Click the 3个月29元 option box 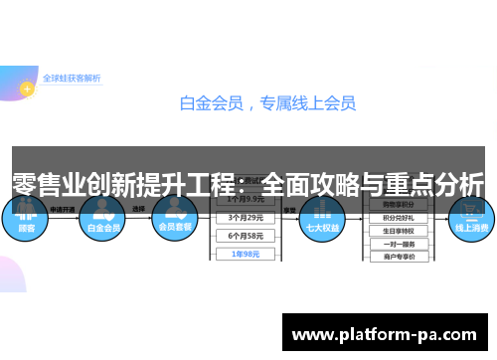tap(246, 217)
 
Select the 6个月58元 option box tap(246, 235)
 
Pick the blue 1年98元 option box tap(246, 254)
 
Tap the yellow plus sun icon tap(28, 87)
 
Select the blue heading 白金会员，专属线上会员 tap(266, 102)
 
